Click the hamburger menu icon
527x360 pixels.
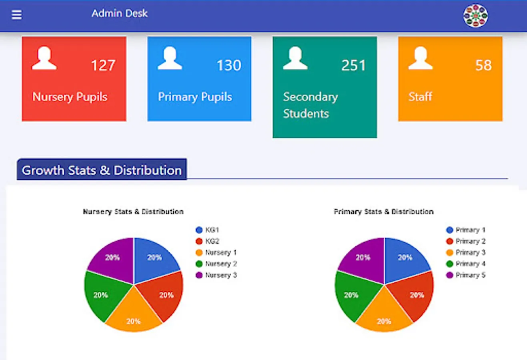click(x=16, y=15)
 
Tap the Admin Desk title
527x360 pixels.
click(x=119, y=14)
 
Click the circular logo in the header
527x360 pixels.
click(x=475, y=16)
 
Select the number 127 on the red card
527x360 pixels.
click(x=103, y=65)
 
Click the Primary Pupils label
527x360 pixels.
click(x=195, y=97)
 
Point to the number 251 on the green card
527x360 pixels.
click(x=353, y=65)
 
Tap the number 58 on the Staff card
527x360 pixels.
click(x=483, y=65)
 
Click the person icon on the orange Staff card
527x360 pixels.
click(x=420, y=58)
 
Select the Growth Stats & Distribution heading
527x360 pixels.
click(x=102, y=170)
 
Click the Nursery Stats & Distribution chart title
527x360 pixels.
click(x=133, y=212)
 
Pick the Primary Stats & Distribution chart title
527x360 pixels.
click(x=383, y=212)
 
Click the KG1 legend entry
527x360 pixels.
click(x=208, y=230)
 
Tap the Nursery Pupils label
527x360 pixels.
click(x=70, y=97)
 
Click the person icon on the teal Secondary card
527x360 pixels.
click(x=295, y=58)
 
